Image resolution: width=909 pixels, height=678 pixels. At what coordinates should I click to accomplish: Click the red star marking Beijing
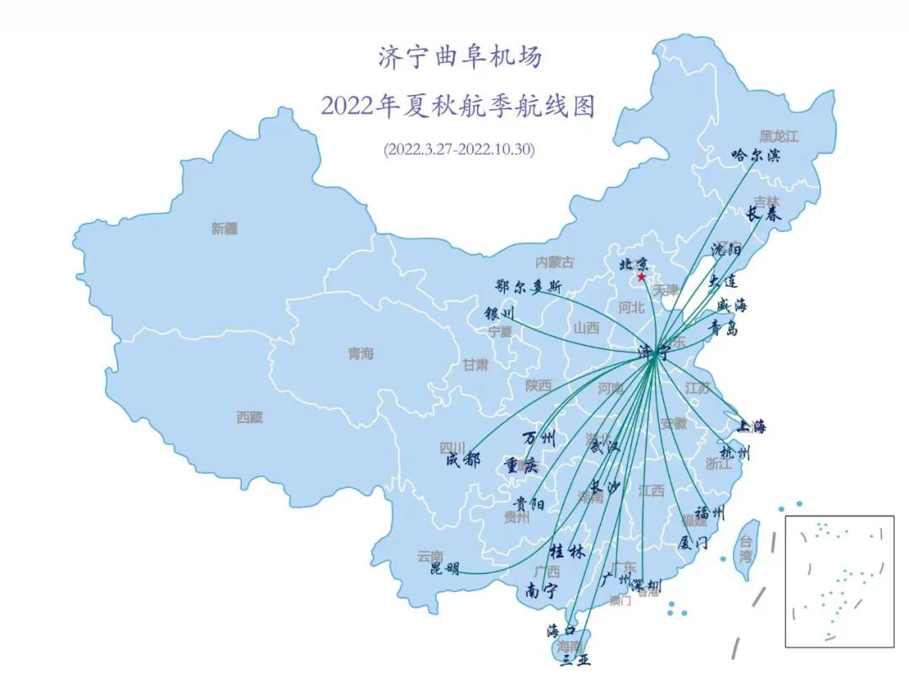[x=642, y=277]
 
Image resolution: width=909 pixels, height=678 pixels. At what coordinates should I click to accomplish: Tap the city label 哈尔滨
[x=756, y=156]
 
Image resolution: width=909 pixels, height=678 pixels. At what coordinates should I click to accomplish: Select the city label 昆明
[x=445, y=569]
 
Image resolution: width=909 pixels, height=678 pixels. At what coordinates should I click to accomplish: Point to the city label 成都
[x=463, y=459]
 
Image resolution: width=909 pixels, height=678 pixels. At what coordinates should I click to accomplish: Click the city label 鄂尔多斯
[x=529, y=287]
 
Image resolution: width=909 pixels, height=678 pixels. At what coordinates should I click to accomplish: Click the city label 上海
[x=752, y=426]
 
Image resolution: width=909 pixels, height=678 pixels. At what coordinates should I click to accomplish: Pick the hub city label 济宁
[x=653, y=352]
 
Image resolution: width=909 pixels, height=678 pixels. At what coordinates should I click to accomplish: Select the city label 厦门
[x=694, y=543]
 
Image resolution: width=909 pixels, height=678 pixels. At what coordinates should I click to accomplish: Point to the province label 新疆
[x=225, y=228]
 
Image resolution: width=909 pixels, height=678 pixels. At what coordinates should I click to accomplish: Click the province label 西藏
[x=249, y=417]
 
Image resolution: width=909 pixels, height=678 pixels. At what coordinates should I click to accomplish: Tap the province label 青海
[x=360, y=354]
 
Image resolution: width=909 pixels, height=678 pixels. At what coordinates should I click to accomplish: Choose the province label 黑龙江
[x=779, y=135]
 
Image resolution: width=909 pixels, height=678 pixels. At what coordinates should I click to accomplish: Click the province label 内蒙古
[x=555, y=262]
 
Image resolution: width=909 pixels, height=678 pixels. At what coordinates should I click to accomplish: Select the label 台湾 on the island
[x=746, y=549]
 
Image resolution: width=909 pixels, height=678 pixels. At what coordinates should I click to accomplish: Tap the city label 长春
[x=764, y=215]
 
